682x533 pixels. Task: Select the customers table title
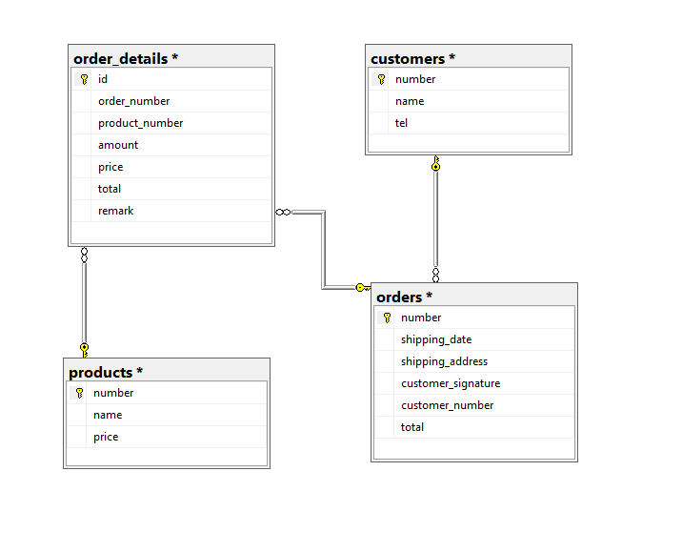[412, 58]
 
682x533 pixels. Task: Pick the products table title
[106, 372]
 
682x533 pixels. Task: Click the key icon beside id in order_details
[84, 79]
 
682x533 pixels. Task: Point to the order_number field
[133, 101]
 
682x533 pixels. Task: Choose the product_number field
[140, 123]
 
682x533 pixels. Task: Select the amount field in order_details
[118, 145]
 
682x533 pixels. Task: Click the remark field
[115, 211]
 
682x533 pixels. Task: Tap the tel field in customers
[401, 123]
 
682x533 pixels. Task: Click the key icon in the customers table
[381, 79]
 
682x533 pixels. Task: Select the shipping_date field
[436, 339]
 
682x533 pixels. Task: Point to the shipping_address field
[444, 361]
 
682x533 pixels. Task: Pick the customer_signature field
[451, 383]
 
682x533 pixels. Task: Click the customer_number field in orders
[447, 405]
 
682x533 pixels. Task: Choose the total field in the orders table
[412, 427]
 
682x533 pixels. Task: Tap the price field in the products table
[106, 437]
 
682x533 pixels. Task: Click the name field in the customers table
[410, 101]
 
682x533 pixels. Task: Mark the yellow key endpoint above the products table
[84, 349]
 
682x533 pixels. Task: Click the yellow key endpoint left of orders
[361, 287]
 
